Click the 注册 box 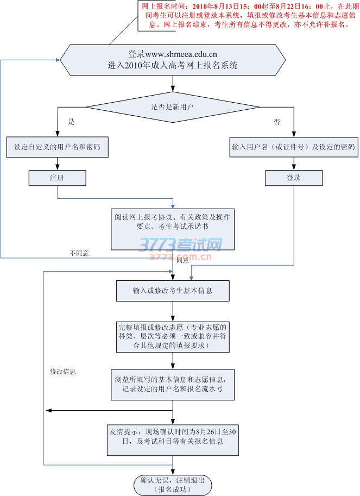(57, 178)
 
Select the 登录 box (294, 178)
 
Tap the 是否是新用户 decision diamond (173, 107)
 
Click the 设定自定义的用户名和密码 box (57, 147)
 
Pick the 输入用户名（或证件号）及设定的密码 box (294, 147)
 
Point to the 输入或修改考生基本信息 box (173, 291)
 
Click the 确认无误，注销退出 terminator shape (173, 484)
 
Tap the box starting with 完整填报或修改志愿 (173, 337)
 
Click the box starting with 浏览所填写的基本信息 (173, 384)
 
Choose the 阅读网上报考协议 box (173, 227)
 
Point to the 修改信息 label (63, 372)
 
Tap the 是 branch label (71, 122)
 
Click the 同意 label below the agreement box (183, 261)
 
